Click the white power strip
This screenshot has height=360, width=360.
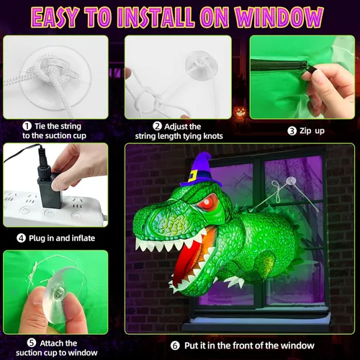(x=43, y=206)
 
